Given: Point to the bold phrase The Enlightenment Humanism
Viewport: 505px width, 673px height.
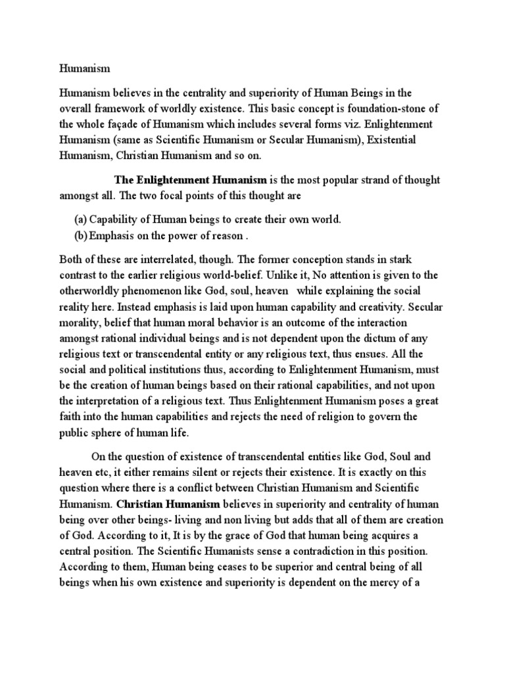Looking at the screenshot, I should tap(191, 179).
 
